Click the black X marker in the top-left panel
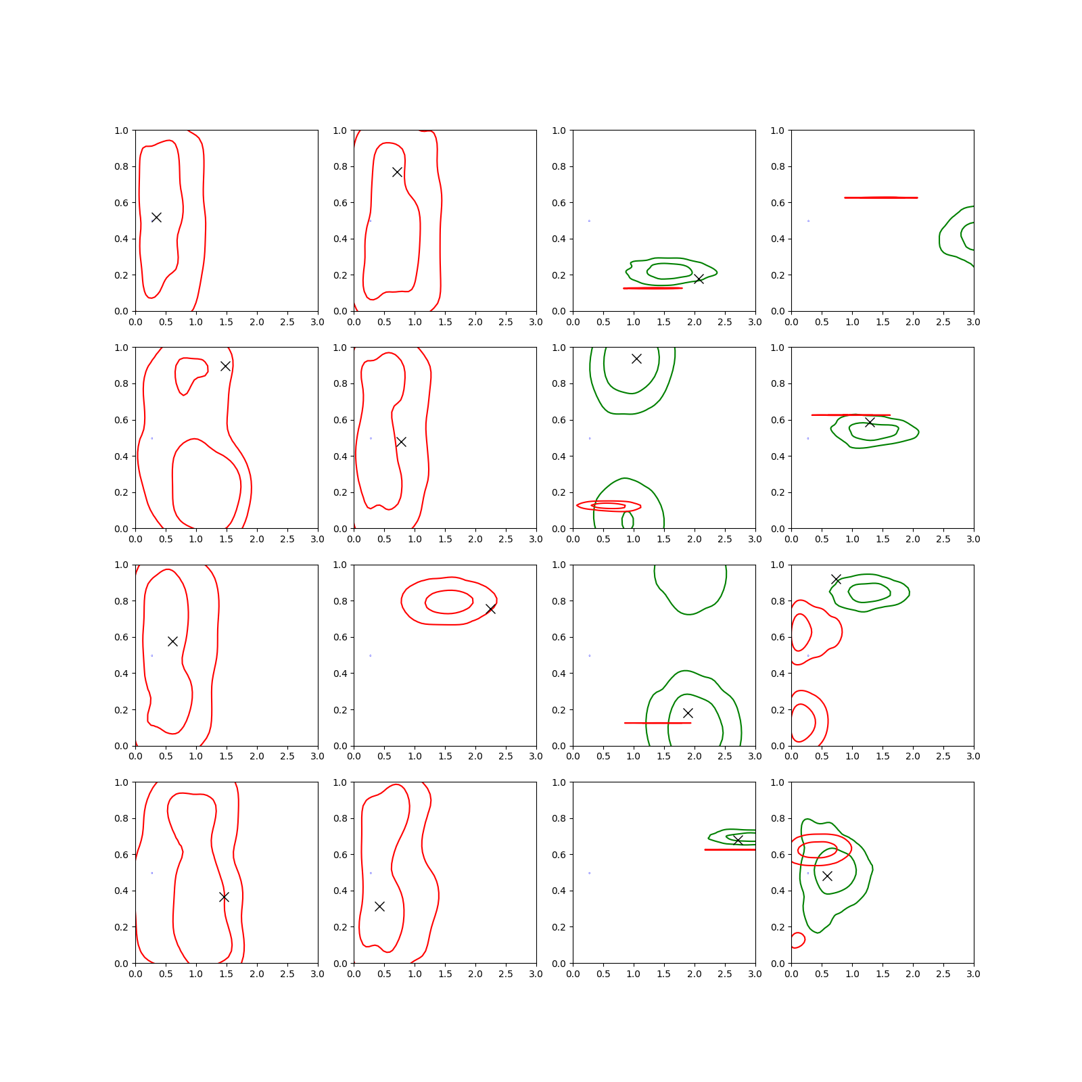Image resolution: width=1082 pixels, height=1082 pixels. pos(156,217)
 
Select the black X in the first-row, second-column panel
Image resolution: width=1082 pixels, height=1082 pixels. pos(397,172)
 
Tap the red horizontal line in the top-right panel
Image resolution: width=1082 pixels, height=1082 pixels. pos(881,197)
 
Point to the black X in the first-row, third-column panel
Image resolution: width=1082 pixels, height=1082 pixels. pos(699,279)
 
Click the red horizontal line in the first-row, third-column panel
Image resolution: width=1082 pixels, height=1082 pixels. pos(653,288)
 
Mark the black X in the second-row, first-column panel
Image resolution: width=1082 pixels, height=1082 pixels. pos(225,366)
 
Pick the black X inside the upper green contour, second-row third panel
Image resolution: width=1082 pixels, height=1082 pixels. pos(636,358)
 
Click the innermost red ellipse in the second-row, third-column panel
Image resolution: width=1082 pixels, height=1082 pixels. pos(609,506)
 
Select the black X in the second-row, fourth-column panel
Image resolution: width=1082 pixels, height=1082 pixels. pos(870,422)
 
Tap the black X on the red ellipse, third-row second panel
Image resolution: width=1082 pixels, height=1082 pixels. pos(490,609)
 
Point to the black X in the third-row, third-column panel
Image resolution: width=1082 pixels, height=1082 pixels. pos(688,713)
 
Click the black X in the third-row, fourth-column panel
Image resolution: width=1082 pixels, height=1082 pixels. pos(836,580)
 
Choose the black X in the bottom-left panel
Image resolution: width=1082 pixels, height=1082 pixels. pos(224,897)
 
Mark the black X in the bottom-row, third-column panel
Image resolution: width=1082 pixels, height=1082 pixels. pos(738,840)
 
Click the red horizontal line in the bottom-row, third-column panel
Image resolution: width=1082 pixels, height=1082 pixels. pos(730,849)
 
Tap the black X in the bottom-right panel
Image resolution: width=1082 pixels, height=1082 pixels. pos(826,876)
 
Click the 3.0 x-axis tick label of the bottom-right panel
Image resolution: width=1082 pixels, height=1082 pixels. pos(974,974)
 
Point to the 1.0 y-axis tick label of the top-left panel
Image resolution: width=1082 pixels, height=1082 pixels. pos(121,131)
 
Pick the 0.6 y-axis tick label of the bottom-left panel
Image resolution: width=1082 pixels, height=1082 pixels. pos(121,855)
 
